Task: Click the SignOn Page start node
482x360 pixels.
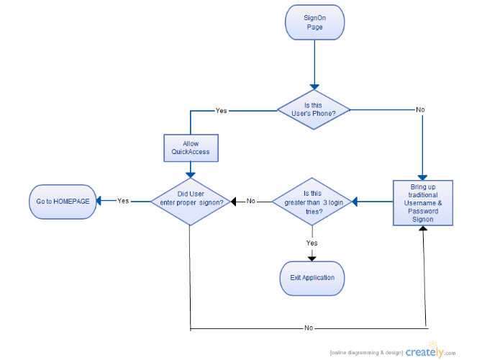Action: click(314, 22)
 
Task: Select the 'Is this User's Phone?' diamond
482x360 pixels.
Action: click(314, 109)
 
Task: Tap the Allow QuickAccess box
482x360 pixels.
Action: click(191, 148)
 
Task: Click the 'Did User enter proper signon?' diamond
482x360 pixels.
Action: click(191, 202)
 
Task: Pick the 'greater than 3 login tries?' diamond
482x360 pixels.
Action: click(312, 202)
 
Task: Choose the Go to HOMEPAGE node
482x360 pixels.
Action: click(63, 202)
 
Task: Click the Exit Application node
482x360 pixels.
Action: click(312, 279)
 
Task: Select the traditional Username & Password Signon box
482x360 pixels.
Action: click(423, 203)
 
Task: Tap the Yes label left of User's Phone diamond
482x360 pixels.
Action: click(221, 111)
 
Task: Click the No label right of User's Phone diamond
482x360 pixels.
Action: click(420, 110)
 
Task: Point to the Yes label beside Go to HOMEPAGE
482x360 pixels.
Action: click(123, 201)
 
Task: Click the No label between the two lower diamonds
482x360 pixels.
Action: click(251, 201)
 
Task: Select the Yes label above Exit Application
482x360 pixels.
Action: click(312, 243)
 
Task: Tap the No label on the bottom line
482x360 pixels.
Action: click(309, 328)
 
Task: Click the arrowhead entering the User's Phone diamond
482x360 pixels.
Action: click(314, 87)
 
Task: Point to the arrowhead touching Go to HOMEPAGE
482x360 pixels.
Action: click(99, 201)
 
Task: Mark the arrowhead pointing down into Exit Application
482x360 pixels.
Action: click(312, 259)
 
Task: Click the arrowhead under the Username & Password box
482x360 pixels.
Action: click(423, 228)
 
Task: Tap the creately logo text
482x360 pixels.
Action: click(424, 352)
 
